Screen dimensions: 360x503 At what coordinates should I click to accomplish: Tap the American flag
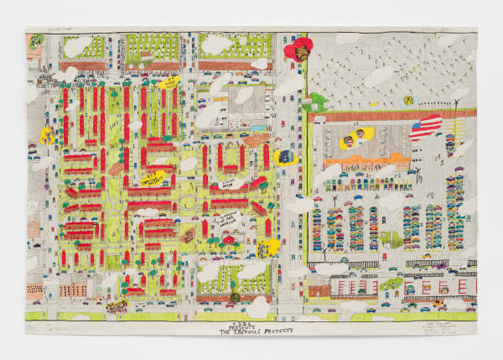pos(426,128)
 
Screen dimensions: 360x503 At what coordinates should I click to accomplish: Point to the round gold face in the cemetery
pos(408,100)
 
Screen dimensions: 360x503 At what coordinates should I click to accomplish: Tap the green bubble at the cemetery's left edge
pos(318,102)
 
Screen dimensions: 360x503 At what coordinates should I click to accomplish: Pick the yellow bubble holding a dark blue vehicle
pos(286,157)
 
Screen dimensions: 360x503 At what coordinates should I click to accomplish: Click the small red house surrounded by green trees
pos(228,240)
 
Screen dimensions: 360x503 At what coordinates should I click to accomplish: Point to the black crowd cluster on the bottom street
pos(117,307)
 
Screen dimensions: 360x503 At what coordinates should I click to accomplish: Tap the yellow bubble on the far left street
pos(47,134)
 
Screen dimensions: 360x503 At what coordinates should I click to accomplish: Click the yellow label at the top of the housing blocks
pos(169,84)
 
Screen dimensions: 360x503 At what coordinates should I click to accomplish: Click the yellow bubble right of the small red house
pos(269,246)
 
